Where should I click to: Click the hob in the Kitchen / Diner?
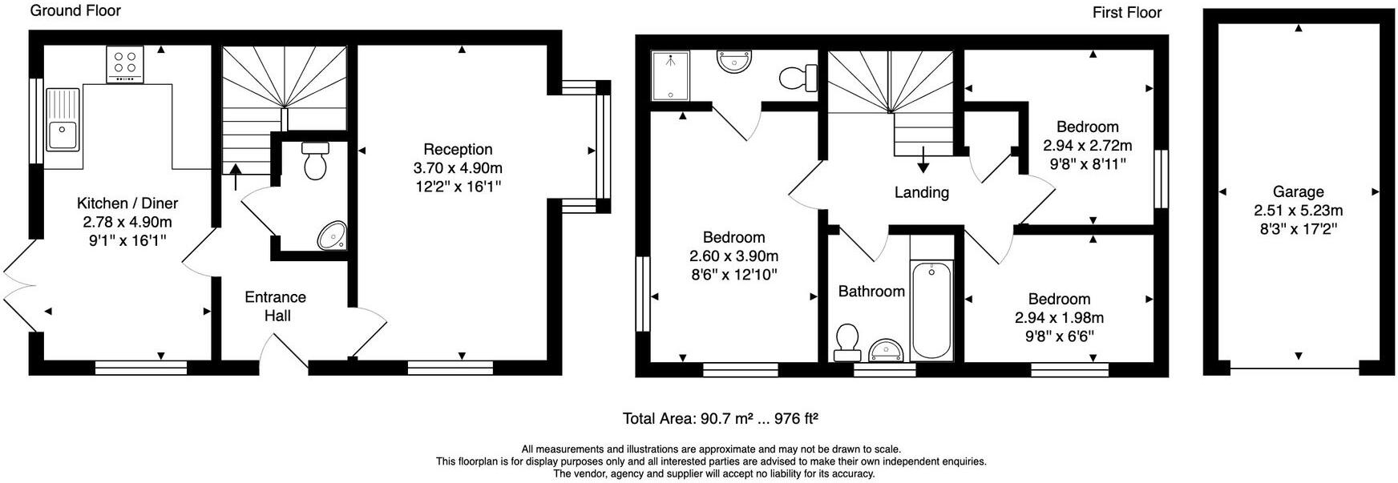(x=125, y=64)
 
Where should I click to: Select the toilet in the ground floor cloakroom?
(x=314, y=162)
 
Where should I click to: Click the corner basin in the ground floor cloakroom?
(x=332, y=235)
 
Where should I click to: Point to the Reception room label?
(x=458, y=149)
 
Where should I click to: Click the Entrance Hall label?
(x=275, y=306)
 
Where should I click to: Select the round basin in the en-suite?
(x=734, y=61)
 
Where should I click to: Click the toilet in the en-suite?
(x=797, y=78)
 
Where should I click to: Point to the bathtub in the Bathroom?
(x=931, y=311)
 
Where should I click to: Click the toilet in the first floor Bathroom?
(x=846, y=343)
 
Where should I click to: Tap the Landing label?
(x=921, y=192)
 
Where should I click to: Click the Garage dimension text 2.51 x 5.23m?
(x=1298, y=211)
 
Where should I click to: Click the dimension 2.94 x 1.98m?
(x=1058, y=318)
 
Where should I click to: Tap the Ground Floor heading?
(x=75, y=10)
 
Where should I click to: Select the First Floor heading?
(x=1126, y=12)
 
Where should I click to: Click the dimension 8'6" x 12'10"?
(x=733, y=275)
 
